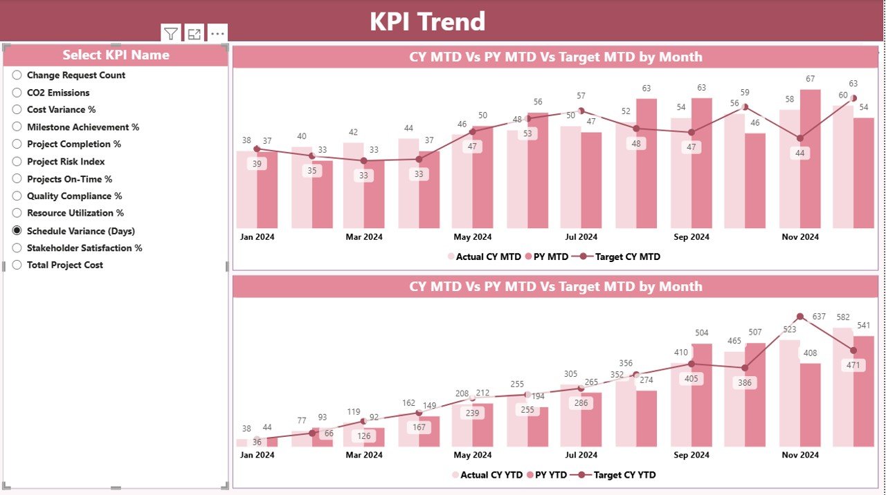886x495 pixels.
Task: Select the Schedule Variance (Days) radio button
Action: [17, 231]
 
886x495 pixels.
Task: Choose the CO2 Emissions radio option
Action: [17, 93]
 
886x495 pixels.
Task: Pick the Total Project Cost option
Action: [17, 265]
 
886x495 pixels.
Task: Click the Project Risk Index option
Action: [17, 162]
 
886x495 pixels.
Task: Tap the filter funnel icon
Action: [171, 33]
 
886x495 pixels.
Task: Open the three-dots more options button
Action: [217, 33]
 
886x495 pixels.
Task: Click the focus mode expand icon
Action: [195, 33]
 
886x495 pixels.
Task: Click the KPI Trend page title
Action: [427, 21]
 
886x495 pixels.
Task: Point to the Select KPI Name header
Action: [116, 55]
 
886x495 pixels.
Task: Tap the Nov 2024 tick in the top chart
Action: [800, 236]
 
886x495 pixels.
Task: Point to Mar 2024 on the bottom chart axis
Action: [364, 455]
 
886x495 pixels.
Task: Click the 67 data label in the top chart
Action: [811, 80]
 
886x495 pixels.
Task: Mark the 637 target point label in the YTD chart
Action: [820, 317]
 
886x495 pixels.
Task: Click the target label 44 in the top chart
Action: [800, 153]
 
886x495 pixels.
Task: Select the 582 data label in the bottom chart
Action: [842, 317]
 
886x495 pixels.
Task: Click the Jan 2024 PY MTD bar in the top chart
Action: [267, 189]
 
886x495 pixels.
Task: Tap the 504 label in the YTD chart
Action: [702, 333]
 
